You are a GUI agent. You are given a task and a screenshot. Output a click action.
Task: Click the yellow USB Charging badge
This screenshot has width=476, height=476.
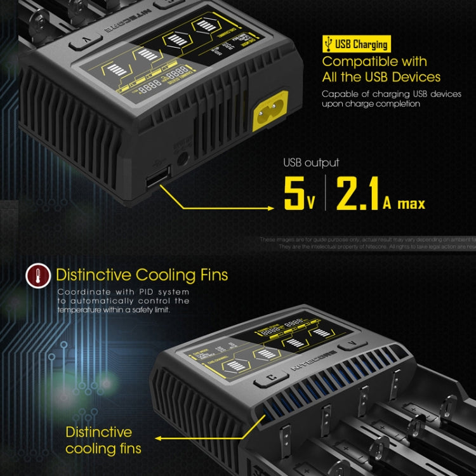(x=355, y=44)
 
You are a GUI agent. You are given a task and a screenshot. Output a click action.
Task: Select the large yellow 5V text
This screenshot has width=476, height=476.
(x=300, y=194)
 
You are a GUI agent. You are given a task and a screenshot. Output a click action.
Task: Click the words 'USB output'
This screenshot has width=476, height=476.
(x=311, y=163)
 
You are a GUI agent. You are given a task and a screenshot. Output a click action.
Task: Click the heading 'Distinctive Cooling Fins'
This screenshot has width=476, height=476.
(x=142, y=275)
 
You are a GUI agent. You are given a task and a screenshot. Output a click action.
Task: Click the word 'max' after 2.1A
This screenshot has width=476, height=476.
(x=411, y=204)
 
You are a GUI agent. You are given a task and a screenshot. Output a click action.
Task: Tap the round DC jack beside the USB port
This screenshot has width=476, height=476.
(x=184, y=159)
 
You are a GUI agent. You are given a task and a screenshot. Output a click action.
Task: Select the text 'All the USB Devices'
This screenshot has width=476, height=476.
(x=381, y=77)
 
